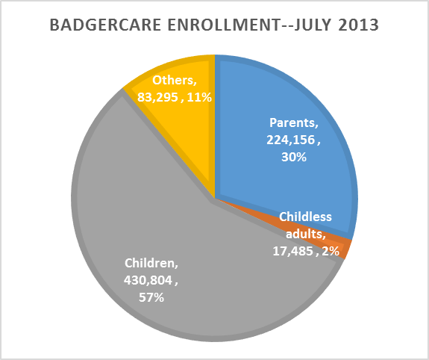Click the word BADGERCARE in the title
tap(105, 25)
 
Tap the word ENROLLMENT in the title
tap(223, 25)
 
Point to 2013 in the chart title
tap(358, 25)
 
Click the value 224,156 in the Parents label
tap(291, 140)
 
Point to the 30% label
tap(294, 158)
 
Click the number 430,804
tap(148, 280)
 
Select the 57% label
tap(151, 297)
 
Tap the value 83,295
tap(157, 97)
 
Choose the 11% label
tap(199, 97)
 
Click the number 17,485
tap(292, 251)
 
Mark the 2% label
tap(331, 251)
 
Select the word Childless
tap(305, 217)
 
